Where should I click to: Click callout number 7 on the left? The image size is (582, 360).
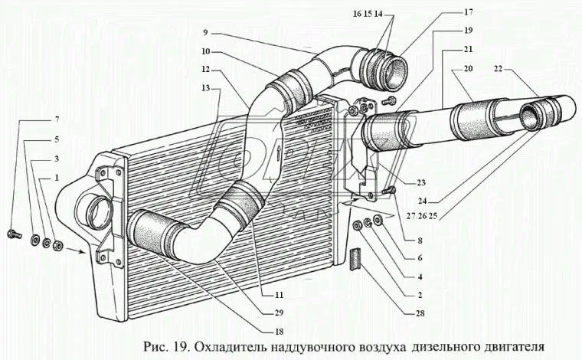(56, 120)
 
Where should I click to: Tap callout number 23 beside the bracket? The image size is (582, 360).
(421, 183)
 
